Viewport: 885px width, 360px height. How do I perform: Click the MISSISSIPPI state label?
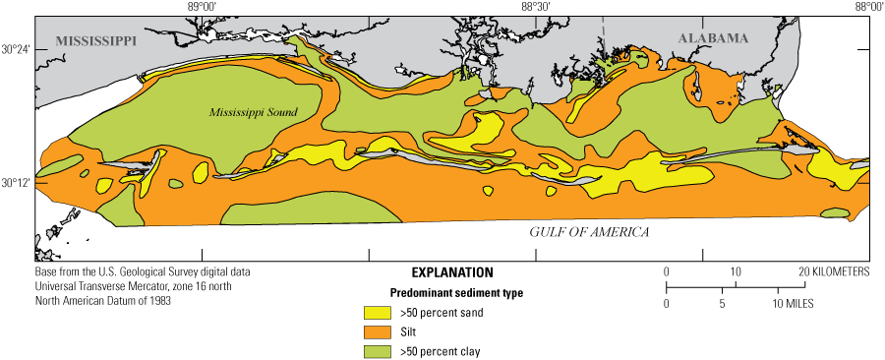[x=96, y=41]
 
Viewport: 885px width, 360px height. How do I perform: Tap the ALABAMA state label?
[x=712, y=37]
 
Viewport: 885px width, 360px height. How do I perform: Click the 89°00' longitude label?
[x=201, y=7]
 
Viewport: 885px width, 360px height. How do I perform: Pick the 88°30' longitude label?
[x=535, y=7]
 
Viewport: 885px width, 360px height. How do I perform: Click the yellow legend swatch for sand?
[x=378, y=312]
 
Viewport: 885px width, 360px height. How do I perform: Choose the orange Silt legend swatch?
[x=378, y=331]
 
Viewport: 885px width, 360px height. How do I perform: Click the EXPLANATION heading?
[x=452, y=271]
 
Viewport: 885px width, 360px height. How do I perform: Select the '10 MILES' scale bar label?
[x=795, y=305]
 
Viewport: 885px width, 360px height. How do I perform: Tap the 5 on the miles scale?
[x=722, y=305]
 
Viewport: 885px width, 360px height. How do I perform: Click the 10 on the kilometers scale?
[x=735, y=271]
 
